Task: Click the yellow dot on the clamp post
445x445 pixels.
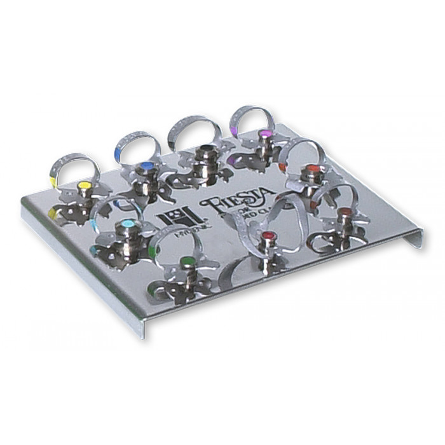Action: pyautogui.click(x=83, y=185)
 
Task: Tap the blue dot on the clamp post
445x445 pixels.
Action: pyautogui.click(x=146, y=166)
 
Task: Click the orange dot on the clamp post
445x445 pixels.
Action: pyautogui.click(x=311, y=169)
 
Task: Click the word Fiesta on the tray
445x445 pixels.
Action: pyautogui.click(x=236, y=198)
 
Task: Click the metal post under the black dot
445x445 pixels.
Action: pyautogui.click(x=205, y=163)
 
